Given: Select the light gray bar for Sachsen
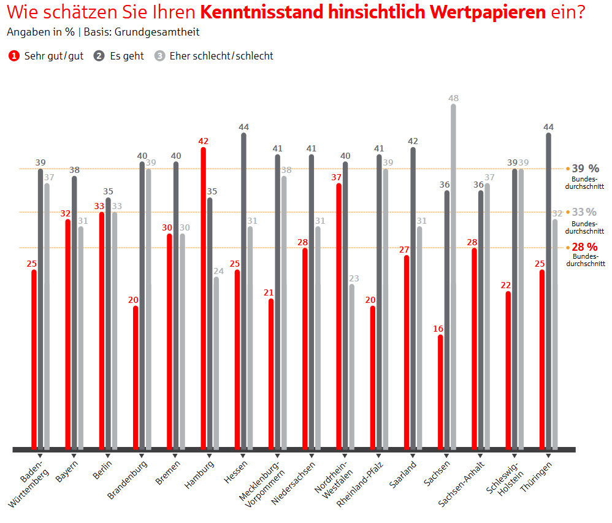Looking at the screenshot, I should pos(453,276).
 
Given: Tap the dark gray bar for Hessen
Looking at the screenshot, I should pos(243,291).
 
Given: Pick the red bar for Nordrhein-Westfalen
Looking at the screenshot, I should pos(339,315).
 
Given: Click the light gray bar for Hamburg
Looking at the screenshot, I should pos(216,362).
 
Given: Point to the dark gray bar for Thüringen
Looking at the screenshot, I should pos(548,291).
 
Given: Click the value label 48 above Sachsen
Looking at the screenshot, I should pos(453,98).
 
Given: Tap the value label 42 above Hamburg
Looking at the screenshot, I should pos(204,142).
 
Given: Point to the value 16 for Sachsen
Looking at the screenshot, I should pos(438,329).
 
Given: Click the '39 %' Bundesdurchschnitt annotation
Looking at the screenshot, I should pos(585,169).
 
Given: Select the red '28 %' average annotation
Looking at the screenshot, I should pos(584,246).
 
